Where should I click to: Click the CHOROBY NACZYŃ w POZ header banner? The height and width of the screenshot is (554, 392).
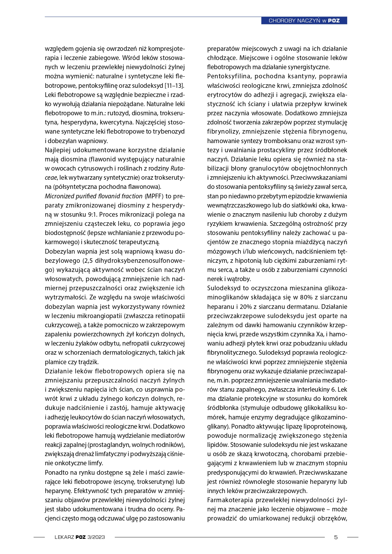304,21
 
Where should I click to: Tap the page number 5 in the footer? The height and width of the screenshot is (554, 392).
336,537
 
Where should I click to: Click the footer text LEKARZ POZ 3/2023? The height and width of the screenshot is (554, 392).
80,537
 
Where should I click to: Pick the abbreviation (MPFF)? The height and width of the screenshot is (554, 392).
154,196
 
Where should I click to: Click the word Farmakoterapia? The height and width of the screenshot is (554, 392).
230,500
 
